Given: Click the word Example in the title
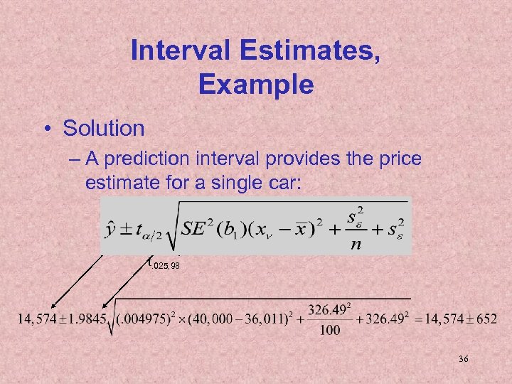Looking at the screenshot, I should pos(256,85).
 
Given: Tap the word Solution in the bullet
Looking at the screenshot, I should pos(104,129).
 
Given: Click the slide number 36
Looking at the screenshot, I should pos(463,361).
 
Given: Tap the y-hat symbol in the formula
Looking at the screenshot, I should pos(112,229).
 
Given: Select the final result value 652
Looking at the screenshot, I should pos(486,318).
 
